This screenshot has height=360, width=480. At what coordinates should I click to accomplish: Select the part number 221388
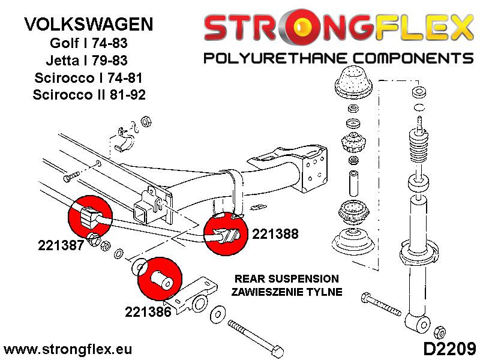(x=275, y=235)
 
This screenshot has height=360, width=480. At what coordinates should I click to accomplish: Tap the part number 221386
(x=148, y=312)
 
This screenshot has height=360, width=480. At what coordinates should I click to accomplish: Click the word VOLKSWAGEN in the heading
(x=88, y=25)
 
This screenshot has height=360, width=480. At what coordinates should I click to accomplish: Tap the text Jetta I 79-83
(x=89, y=61)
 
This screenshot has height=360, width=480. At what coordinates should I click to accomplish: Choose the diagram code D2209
(x=445, y=348)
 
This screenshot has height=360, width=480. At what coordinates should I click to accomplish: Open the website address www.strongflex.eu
(x=68, y=349)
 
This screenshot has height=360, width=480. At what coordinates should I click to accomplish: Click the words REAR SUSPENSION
(x=287, y=280)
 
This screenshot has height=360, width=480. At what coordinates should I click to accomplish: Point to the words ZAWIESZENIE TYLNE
(x=287, y=292)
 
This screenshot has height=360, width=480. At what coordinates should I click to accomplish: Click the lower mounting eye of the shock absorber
(x=415, y=322)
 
